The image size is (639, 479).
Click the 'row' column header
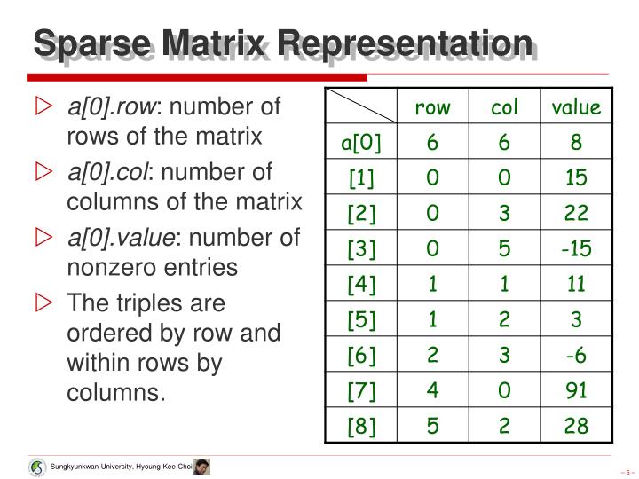click(432, 108)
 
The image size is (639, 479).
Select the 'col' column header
click(504, 108)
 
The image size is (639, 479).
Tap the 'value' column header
click(576, 108)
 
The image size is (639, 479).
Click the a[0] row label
click(361, 144)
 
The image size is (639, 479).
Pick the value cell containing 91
click(576, 391)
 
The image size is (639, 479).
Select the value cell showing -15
click(576, 249)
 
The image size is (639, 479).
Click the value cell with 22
click(576, 214)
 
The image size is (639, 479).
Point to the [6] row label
click(361, 356)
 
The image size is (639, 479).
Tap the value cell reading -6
click(576, 356)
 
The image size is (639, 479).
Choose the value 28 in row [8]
click(576, 427)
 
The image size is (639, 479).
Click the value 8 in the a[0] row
click(576, 144)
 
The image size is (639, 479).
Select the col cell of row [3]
click(504, 249)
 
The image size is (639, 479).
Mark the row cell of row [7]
click(432, 391)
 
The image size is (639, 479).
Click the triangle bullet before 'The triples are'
click(44, 303)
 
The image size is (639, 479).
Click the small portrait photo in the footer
click(201, 467)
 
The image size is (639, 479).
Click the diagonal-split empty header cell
click(361, 107)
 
